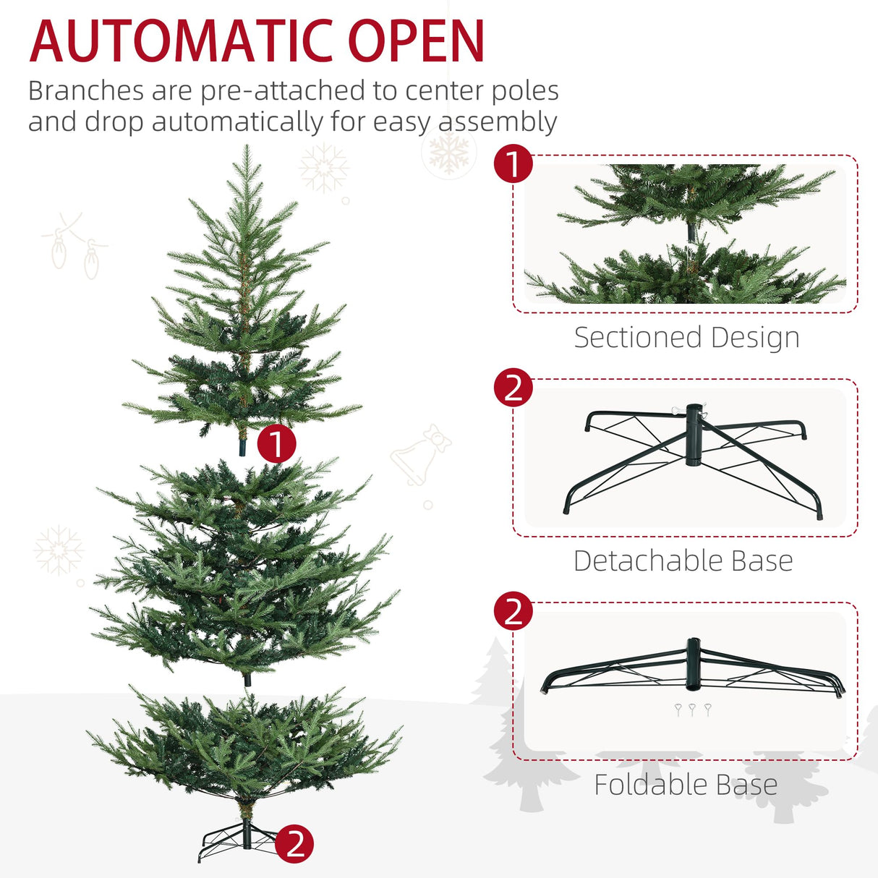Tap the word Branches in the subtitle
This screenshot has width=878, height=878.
[x=85, y=91]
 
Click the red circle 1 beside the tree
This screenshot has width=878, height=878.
[x=276, y=443]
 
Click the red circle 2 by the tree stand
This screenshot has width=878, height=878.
[x=294, y=843]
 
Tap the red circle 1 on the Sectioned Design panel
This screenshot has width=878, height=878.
[x=513, y=165]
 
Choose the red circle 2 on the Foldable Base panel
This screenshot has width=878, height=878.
[x=513, y=612]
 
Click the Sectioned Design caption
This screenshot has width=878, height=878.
[x=686, y=338]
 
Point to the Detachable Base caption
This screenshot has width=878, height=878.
[x=683, y=561]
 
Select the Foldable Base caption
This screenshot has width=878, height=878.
[x=686, y=785]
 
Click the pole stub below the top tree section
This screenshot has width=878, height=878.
[x=242, y=445]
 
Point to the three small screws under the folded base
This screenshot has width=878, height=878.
[x=692, y=709]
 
